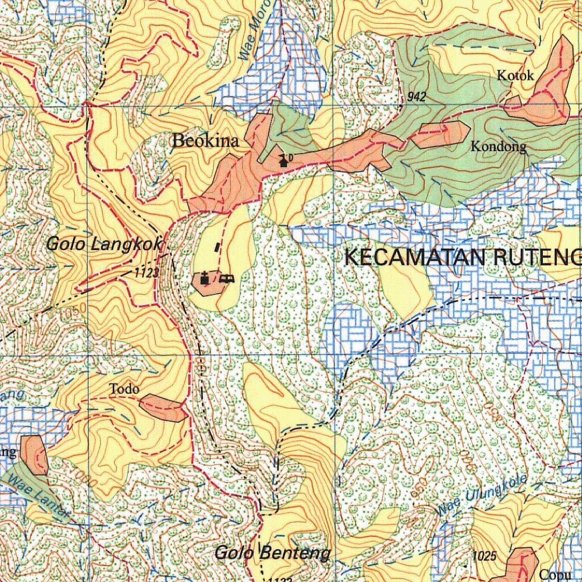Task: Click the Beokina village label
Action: (205, 141)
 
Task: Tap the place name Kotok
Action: (515, 75)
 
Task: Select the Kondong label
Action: (498, 147)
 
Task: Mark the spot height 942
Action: (417, 98)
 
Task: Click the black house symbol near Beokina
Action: (282, 161)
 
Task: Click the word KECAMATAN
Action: (417, 257)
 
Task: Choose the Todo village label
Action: (124, 389)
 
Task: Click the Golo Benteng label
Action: (272, 552)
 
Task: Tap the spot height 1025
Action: (484, 555)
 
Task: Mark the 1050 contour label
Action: (71, 313)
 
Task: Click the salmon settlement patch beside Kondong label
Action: (440, 134)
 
